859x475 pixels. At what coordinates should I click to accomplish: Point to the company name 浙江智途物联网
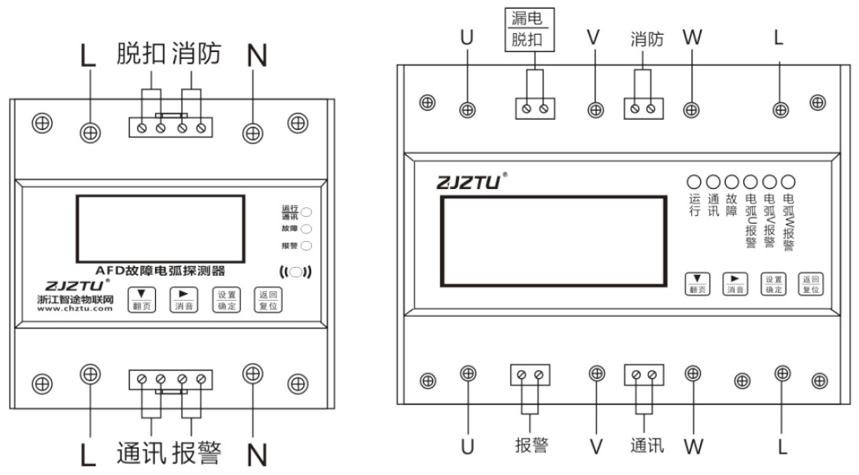tap(75, 299)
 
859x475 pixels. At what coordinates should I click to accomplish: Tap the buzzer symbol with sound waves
tap(296, 273)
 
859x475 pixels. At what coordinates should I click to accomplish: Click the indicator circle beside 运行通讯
tap(306, 212)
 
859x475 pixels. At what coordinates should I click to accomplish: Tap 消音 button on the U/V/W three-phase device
tap(735, 284)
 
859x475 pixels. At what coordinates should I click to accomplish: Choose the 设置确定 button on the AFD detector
tap(225, 299)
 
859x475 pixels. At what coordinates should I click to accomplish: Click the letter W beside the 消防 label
tap(691, 37)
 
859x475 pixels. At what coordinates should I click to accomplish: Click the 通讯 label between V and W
tap(647, 446)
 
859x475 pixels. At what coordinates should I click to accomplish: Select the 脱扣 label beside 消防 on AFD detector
tap(142, 54)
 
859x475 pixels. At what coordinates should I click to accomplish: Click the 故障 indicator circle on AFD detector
tap(306, 228)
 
